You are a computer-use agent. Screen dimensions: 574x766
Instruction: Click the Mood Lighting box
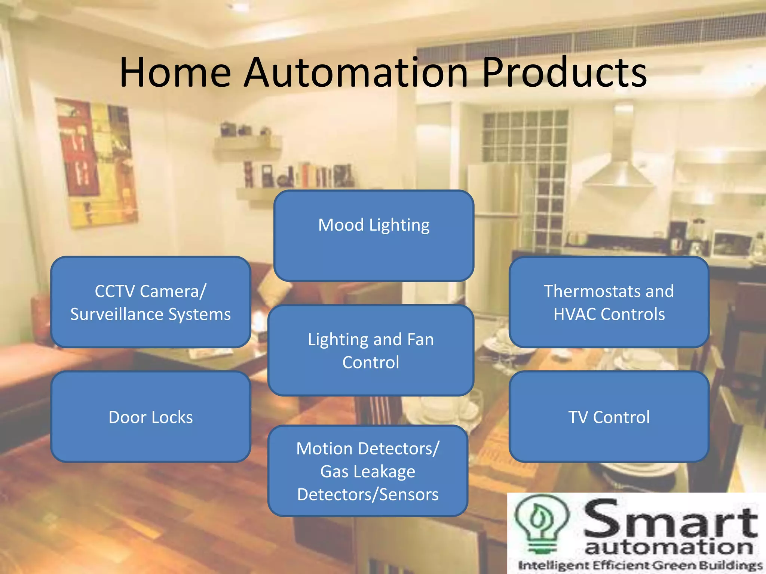(x=374, y=236)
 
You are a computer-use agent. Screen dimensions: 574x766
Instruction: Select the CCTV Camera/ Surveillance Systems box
(x=150, y=302)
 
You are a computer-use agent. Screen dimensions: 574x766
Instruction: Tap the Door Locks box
(x=150, y=417)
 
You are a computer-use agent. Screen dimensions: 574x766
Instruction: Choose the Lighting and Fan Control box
(x=371, y=351)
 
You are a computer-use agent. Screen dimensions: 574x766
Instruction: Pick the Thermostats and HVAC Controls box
(x=609, y=302)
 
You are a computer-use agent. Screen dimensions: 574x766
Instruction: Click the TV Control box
(x=609, y=417)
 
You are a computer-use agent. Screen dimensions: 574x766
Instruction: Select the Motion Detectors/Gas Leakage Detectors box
(x=368, y=471)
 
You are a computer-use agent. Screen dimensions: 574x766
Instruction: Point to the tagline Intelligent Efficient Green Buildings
(x=640, y=565)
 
